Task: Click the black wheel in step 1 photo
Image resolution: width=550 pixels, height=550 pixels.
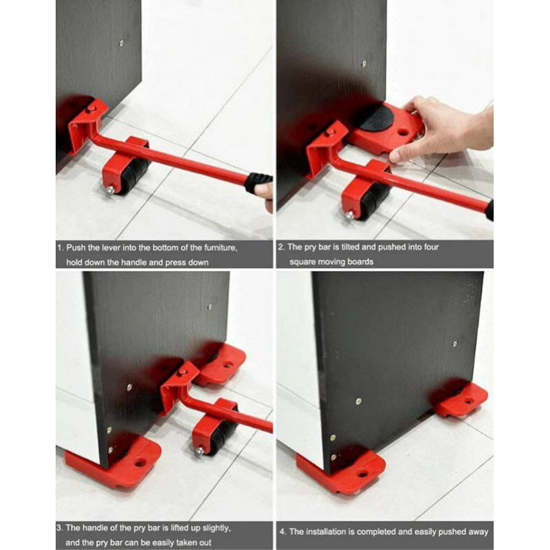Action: [135, 176]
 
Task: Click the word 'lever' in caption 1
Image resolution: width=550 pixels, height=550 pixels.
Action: [120, 247]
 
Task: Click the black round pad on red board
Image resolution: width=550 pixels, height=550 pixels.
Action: [375, 118]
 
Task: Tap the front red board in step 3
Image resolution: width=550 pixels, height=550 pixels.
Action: [117, 461]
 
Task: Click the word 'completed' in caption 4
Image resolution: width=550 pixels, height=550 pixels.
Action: [393, 531]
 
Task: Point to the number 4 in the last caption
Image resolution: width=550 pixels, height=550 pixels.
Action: [283, 531]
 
